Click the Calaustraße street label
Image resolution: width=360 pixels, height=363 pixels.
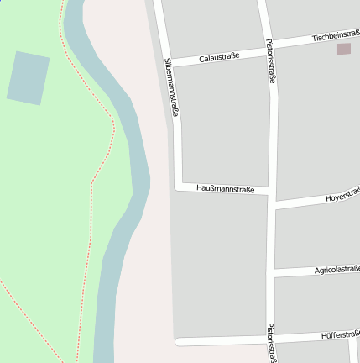(219, 57)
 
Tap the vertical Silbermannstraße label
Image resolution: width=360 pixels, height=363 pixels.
(172, 87)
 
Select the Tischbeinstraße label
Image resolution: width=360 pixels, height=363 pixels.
(335, 36)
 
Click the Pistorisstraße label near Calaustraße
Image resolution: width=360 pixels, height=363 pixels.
(270, 60)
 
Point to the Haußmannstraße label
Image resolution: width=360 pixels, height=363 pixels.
(225, 189)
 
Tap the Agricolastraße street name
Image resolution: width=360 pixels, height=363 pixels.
(337, 270)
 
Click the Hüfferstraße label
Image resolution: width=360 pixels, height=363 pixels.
(340, 335)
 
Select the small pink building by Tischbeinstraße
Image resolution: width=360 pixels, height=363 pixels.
(343, 50)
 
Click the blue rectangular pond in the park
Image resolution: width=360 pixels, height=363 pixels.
(29, 78)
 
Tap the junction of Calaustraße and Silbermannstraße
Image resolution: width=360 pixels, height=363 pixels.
(170, 63)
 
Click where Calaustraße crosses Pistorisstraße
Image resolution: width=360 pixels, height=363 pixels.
(267, 49)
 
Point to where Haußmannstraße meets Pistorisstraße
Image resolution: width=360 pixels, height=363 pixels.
(272, 193)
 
